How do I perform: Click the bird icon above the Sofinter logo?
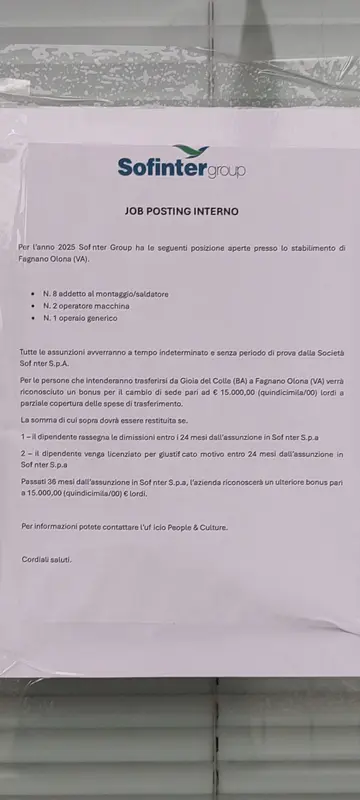181,150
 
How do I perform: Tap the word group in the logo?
225,170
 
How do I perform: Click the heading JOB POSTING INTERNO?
181,212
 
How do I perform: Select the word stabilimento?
308,247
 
